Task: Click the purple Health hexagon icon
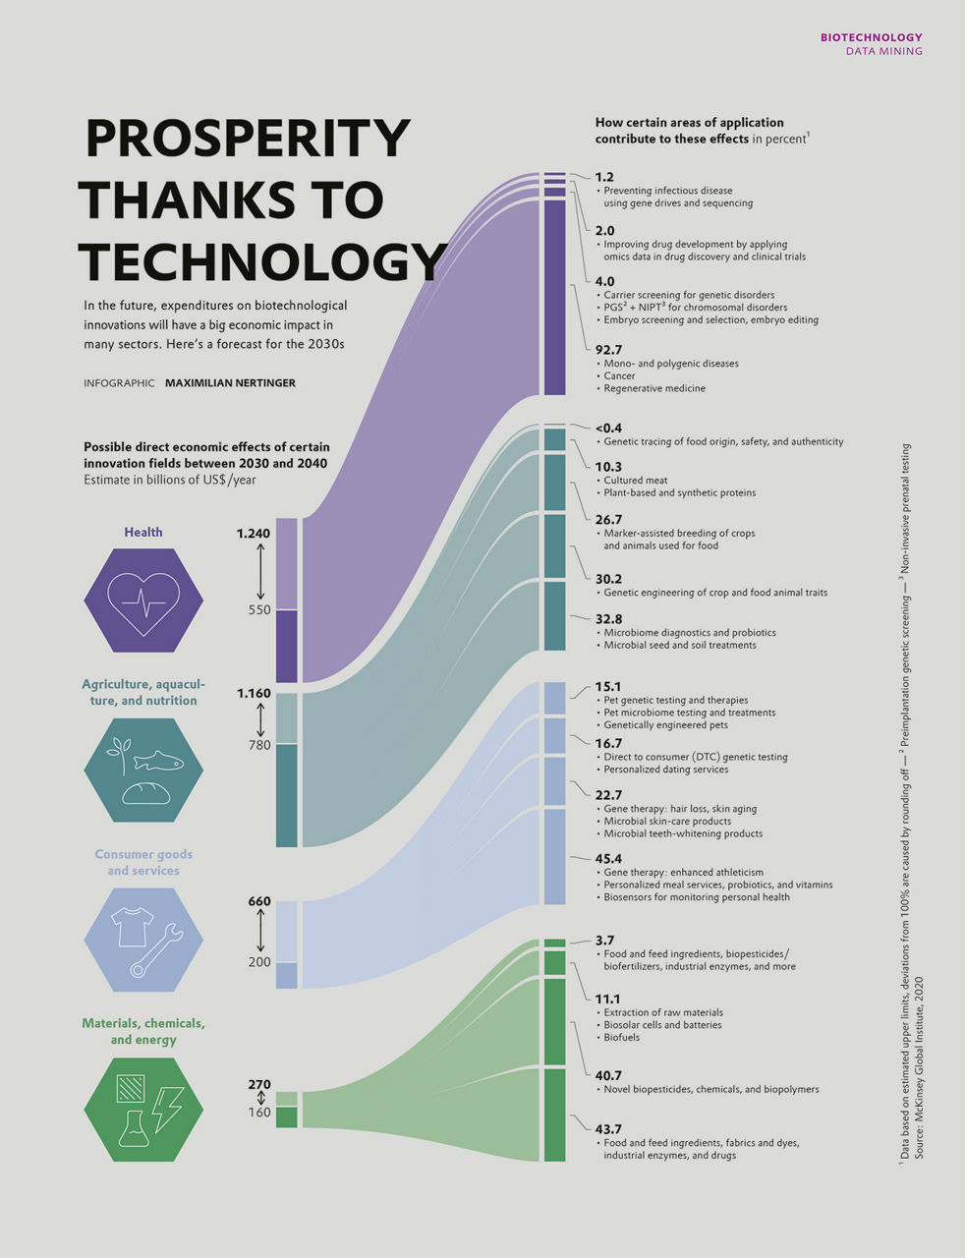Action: pyautogui.click(x=143, y=600)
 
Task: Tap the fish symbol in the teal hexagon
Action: pyautogui.click(x=158, y=761)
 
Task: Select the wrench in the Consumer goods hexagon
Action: pyautogui.click(x=158, y=950)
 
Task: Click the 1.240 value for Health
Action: pyautogui.click(x=253, y=534)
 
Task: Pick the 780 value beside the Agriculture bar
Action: pyautogui.click(x=259, y=746)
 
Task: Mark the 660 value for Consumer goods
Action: pyautogui.click(x=259, y=901)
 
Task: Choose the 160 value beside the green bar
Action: pyautogui.click(x=259, y=1113)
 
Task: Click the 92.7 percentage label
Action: pyautogui.click(x=608, y=349)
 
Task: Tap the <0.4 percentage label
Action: pyautogui.click(x=608, y=428)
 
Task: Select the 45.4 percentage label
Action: pyautogui.click(x=608, y=858)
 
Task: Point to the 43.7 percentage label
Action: pyautogui.click(x=608, y=1129)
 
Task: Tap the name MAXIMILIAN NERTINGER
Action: pyautogui.click(x=230, y=383)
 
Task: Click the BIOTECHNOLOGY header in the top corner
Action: pyautogui.click(x=871, y=37)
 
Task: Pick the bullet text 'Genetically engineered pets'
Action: pyautogui.click(x=665, y=724)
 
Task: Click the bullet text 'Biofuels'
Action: pyautogui.click(x=621, y=1037)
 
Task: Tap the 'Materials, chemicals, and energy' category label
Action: pyautogui.click(x=143, y=1031)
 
